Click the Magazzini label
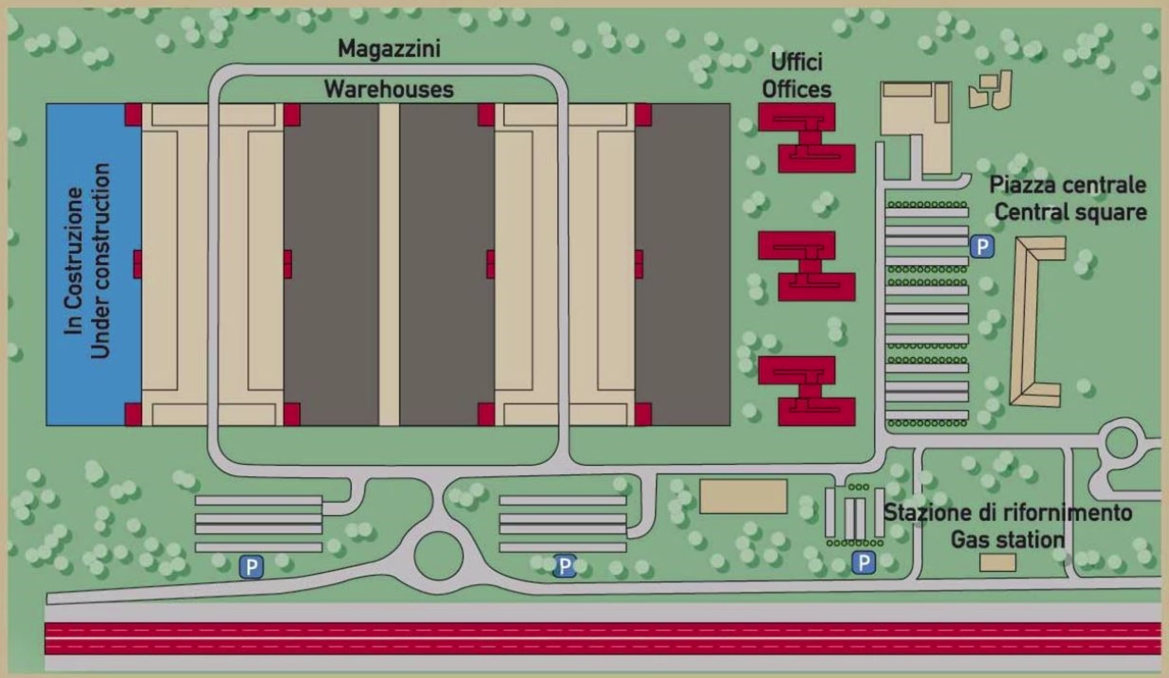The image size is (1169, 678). coord(389,49)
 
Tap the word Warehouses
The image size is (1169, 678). coord(389,89)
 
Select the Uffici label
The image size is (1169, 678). coord(796,62)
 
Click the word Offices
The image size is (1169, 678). coord(796,89)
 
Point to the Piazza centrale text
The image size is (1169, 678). coord(1067,185)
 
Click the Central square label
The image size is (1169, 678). coord(1070,212)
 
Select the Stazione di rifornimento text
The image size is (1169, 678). coord(1008,513)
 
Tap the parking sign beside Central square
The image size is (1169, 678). coord(981,247)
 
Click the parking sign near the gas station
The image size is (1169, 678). coord(863,562)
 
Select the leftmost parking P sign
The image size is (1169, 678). coord(251,567)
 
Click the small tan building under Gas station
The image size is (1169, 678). coord(997,562)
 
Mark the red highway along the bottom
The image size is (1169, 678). coord(603,638)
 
